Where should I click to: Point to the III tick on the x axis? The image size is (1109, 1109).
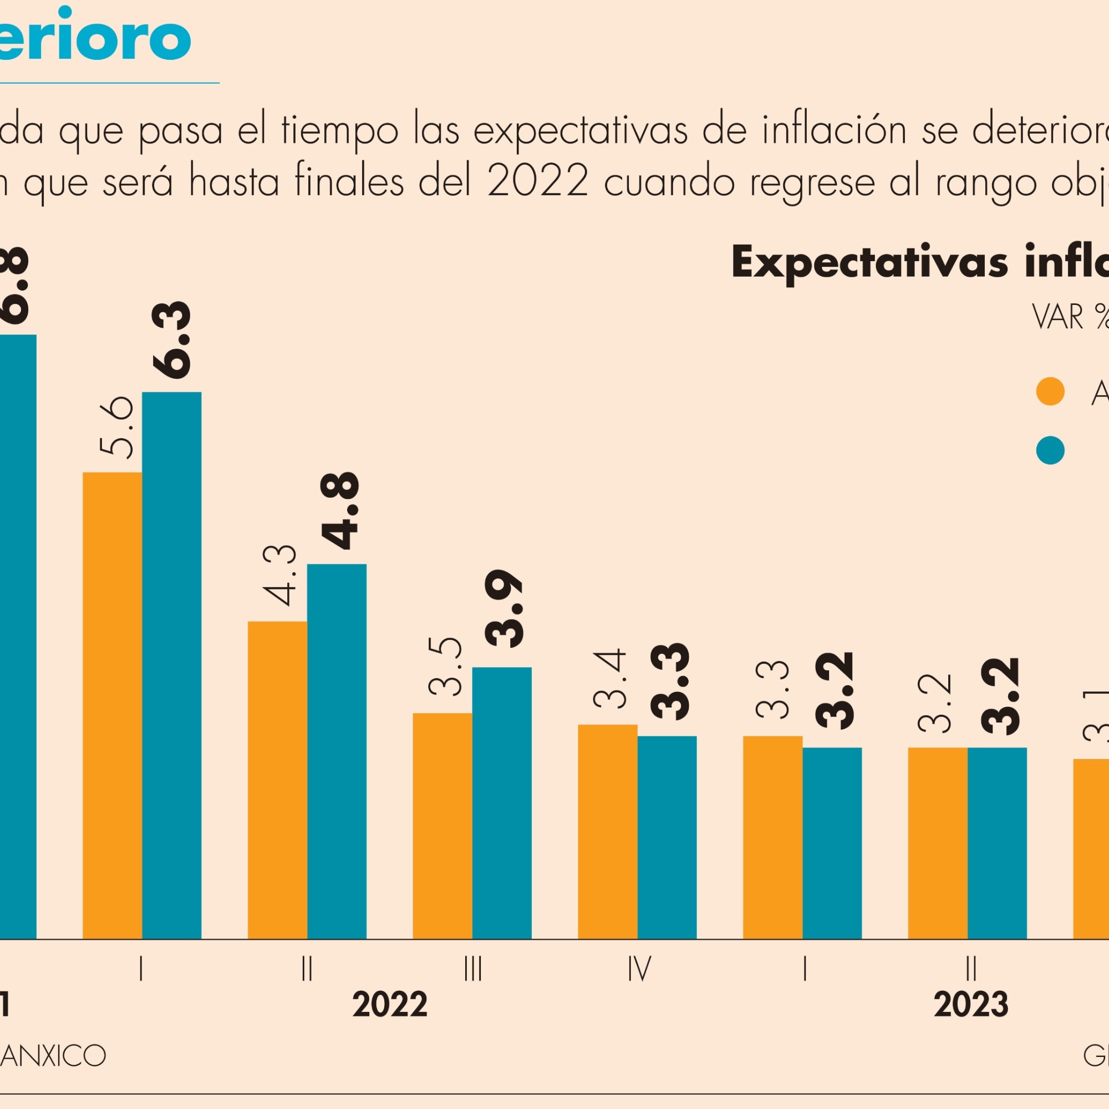point(472,969)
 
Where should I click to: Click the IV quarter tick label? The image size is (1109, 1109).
point(639,969)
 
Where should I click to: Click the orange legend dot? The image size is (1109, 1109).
point(1050,392)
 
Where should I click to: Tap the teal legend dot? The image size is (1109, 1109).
point(1050,451)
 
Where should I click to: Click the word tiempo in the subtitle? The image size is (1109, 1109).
point(340,131)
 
